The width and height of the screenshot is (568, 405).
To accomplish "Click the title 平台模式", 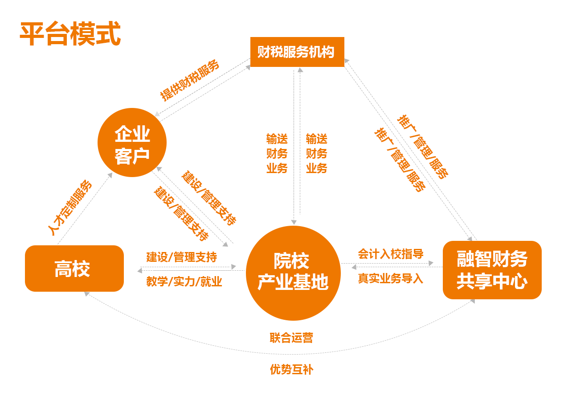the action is (x=70, y=33).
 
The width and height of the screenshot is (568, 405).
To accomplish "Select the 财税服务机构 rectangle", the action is (x=297, y=52).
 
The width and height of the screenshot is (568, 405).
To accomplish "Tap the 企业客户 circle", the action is (x=132, y=142).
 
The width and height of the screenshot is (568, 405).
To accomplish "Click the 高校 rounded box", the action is (x=74, y=269).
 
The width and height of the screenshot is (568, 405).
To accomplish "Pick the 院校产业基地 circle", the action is (x=294, y=273).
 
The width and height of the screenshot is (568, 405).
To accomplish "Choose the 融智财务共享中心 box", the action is (x=492, y=270).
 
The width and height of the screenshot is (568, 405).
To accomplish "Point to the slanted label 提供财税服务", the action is (x=190, y=80).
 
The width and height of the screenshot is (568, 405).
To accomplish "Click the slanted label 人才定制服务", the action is (x=70, y=208).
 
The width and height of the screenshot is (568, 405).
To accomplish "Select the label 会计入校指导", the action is (x=391, y=254).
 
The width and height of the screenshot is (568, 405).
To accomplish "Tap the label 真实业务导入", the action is (x=391, y=278).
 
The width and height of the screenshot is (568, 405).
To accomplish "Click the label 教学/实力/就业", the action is (x=184, y=281).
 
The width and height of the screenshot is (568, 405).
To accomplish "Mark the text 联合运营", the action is (x=291, y=338).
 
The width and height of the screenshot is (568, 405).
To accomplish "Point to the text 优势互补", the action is (x=292, y=369).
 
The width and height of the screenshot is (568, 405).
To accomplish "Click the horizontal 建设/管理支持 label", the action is (x=182, y=257).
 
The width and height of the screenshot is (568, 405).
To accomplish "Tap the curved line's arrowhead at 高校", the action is (x=87, y=294).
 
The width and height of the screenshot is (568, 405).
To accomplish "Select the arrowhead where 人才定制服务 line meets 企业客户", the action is (x=110, y=175).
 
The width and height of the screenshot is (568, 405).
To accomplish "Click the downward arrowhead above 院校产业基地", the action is (x=294, y=222).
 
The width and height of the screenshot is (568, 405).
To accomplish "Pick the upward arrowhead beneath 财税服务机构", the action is (x=300, y=70).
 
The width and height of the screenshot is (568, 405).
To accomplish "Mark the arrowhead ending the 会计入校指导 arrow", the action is (x=431, y=263).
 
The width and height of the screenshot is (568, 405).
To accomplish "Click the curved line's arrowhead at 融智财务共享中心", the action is (x=473, y=301).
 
